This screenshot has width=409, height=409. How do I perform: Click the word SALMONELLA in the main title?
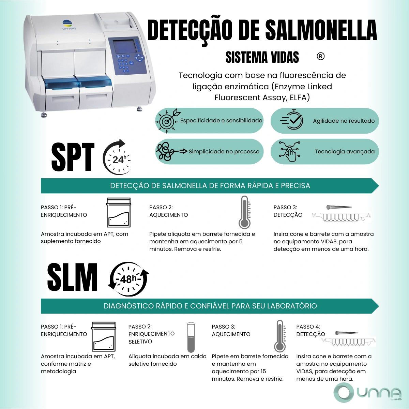[321, 30]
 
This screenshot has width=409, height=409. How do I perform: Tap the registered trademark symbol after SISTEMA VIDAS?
[320, 56]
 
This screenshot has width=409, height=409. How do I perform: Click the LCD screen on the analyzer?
[125, 46]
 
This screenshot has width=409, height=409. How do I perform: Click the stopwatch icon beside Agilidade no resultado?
[292, 120]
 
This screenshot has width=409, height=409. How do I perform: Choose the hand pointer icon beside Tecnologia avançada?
[289, 151]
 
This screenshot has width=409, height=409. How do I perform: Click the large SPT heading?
[73, 157]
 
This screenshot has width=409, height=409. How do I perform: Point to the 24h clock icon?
[117, 157]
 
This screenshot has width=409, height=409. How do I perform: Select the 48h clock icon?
[128, 279]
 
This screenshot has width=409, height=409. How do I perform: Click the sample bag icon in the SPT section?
[118, 212]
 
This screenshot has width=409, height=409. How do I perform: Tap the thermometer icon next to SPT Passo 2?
[245, 212]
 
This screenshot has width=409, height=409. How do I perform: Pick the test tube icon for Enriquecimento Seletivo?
[191, 338]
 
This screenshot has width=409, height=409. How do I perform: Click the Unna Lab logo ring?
[344, 393]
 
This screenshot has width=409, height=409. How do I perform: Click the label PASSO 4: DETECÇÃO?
[310, 330]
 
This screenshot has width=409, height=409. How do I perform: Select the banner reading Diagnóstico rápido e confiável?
[210, 306]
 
